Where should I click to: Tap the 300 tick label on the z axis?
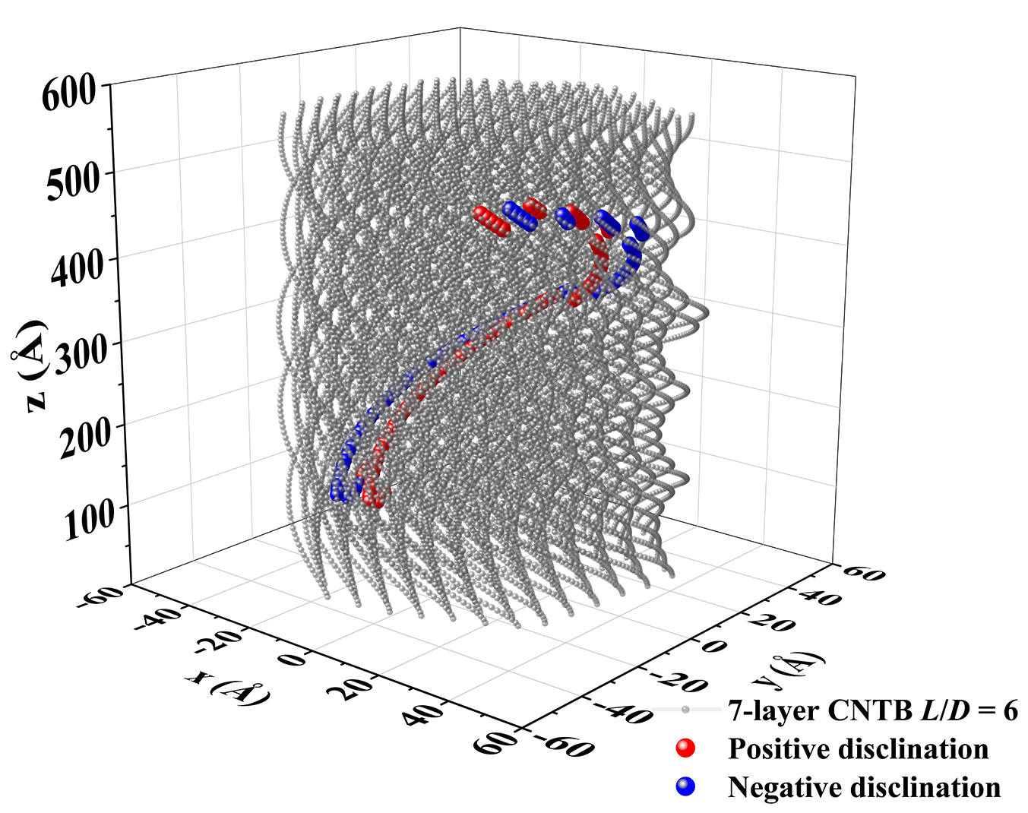point(81,351)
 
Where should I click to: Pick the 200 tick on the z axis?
point(84,435)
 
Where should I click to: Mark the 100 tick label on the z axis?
point(89,519)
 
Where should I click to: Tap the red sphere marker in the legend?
point(685,748)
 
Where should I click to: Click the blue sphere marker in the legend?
point(685,787)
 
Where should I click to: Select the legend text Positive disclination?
point(858,748)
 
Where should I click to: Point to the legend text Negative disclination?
point(864,787)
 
